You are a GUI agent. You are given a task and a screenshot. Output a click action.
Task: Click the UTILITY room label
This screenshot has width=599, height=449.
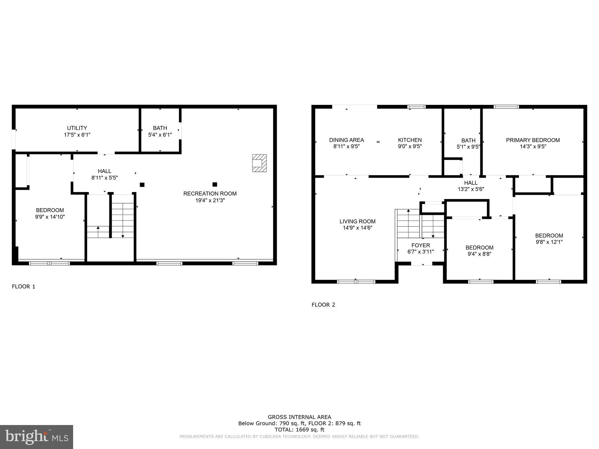[x=77, y=128]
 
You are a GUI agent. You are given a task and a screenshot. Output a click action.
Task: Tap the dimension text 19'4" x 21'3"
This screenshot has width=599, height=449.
[x=210, y=201]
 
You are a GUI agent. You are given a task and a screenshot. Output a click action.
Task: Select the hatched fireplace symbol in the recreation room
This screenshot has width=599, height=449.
[x=259, y=163]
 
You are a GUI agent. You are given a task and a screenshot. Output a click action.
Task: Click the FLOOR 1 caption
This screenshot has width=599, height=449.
[x=23, y=287]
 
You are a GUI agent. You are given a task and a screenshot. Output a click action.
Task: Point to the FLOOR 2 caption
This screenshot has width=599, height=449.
[x=323, y=305]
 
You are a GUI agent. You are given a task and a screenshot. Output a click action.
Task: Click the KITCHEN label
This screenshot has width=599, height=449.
[x=410, y=140]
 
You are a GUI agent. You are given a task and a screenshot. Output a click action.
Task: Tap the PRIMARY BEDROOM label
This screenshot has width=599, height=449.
[x=533, y=140]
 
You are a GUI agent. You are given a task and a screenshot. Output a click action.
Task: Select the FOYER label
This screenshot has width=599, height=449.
[x=421, y=246]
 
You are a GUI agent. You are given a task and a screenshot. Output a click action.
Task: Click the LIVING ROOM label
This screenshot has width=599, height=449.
[x=357, y=222]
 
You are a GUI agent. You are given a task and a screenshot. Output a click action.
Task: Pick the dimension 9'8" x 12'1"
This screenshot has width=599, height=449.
[x=549, y=242]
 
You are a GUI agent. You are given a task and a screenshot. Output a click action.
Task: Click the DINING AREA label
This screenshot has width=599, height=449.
[x=347, y=140]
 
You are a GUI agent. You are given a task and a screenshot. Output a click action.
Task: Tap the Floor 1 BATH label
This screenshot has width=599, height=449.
[x=160, y=128]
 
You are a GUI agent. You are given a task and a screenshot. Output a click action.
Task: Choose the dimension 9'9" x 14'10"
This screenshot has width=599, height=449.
[x=50, y=217]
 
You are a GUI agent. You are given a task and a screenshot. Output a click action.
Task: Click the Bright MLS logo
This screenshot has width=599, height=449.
[x=37, y=437]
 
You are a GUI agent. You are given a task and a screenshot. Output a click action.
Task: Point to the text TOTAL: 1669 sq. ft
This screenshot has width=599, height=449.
[x=299, y=430]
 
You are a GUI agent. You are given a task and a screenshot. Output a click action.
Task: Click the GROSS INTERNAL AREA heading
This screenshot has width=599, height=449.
[x=299, y=417]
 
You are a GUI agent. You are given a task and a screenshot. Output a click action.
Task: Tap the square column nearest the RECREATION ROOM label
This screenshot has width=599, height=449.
[x=215, y=184]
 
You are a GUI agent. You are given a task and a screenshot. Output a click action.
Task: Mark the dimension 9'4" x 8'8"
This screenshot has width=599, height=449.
[x=479, y=254]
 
